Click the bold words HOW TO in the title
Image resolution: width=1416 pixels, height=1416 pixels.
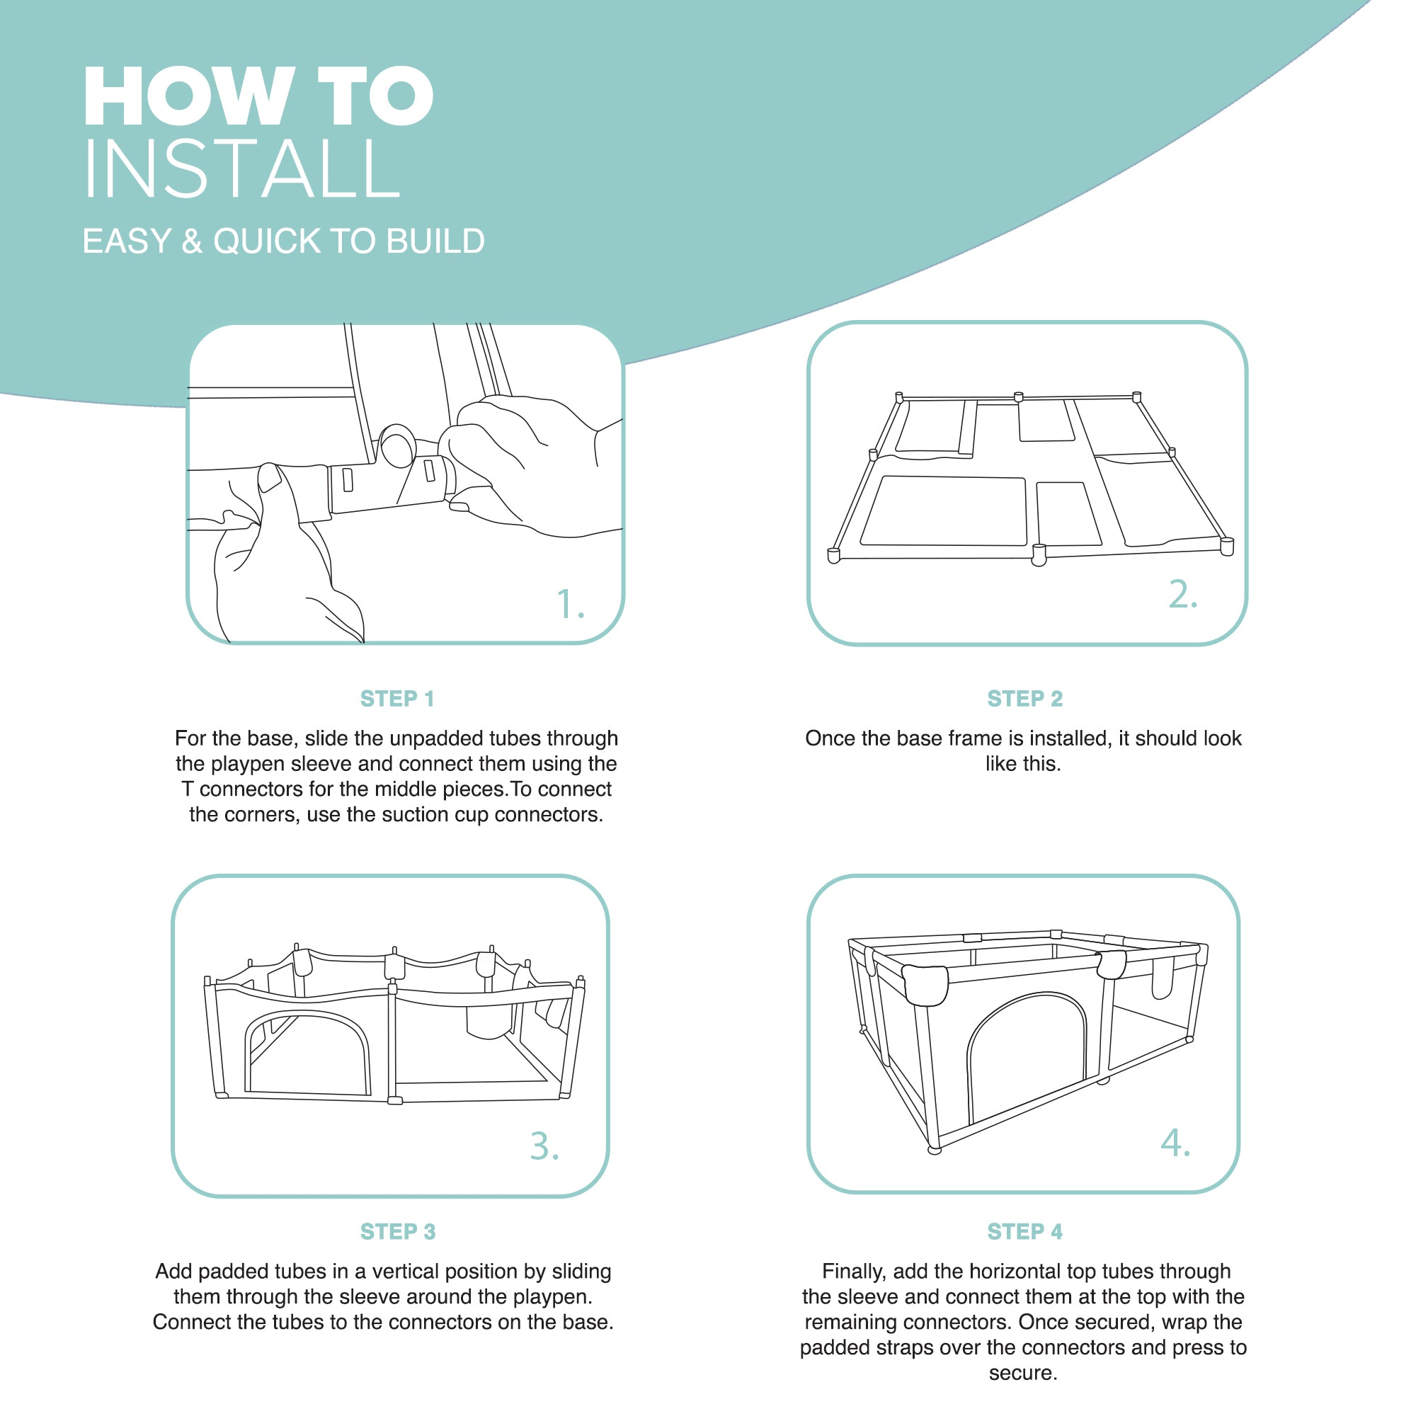click(258, 96)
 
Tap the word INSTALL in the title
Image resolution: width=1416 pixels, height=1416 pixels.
click(243, 169)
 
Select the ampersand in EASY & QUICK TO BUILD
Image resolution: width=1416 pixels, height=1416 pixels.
click(192, 241)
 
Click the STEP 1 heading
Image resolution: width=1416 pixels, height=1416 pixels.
click(397, 699)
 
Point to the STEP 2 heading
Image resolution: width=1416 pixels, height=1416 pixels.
click(1024, 699)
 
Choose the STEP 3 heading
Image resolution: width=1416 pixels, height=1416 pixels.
click(398, 1231)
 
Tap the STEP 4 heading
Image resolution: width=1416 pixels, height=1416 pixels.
click(1024, 1231)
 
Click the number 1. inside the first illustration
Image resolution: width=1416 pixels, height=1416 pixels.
click(570, 605)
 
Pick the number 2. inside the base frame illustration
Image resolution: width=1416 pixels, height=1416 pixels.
click(1183, 594)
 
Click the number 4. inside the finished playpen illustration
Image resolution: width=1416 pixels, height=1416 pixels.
click(1175, 1143)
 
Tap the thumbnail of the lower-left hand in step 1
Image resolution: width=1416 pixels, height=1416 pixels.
click(270, 478)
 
